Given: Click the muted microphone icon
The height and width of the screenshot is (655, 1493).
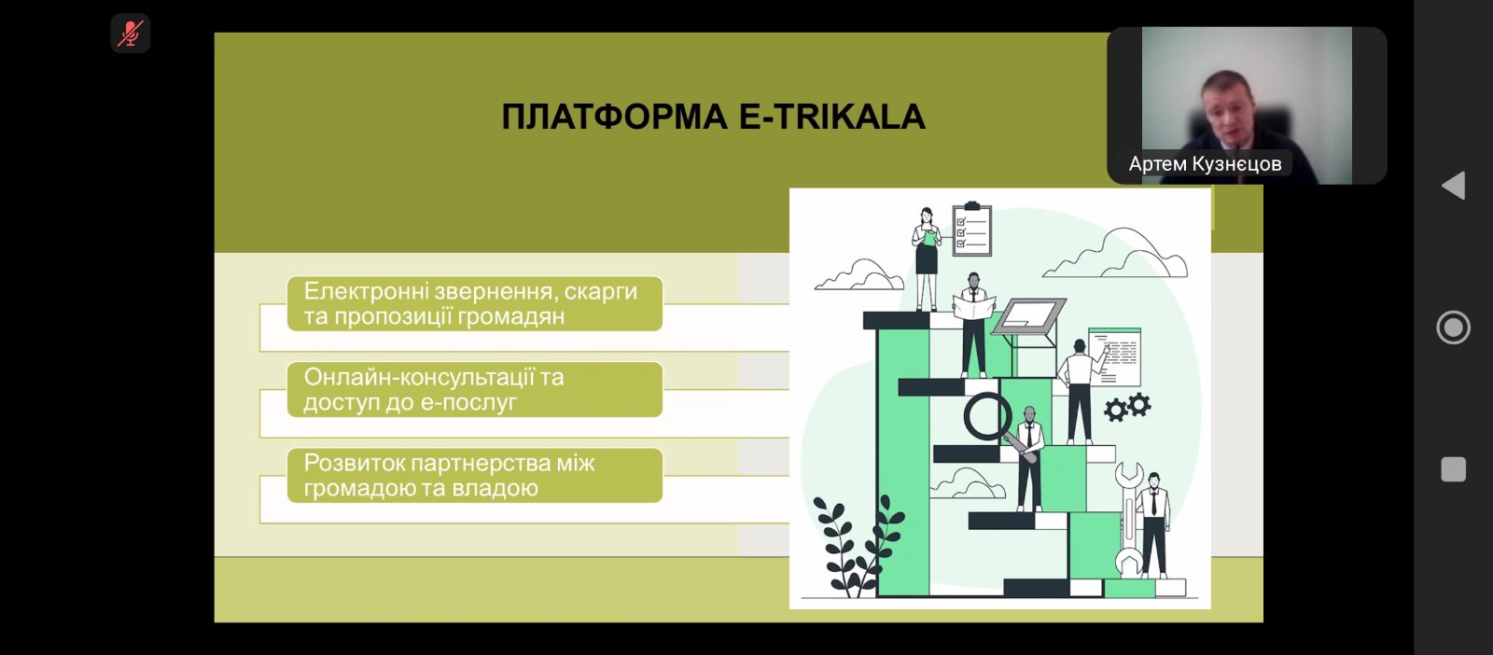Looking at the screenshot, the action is click(130, 34).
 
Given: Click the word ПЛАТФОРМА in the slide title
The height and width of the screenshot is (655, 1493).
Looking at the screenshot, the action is click(614, 118).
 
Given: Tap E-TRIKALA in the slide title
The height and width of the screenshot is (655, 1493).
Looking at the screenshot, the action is click(831, 118).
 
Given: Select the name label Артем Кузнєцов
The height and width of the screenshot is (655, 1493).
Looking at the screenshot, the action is click(1205, 164).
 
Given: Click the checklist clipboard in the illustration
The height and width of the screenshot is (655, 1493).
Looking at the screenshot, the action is click(972, 229).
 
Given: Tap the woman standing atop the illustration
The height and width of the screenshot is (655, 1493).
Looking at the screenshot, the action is click(926, 259).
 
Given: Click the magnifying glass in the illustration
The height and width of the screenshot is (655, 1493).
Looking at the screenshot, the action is click(989, 417).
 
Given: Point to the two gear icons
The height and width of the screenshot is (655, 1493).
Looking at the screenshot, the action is click(1127, 407).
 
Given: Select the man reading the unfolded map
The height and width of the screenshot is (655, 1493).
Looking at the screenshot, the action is click(974, 325).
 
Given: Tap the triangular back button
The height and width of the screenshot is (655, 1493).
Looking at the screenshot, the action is click(1453, 186).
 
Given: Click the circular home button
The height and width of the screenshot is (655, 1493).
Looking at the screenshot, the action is click(1453, 327).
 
